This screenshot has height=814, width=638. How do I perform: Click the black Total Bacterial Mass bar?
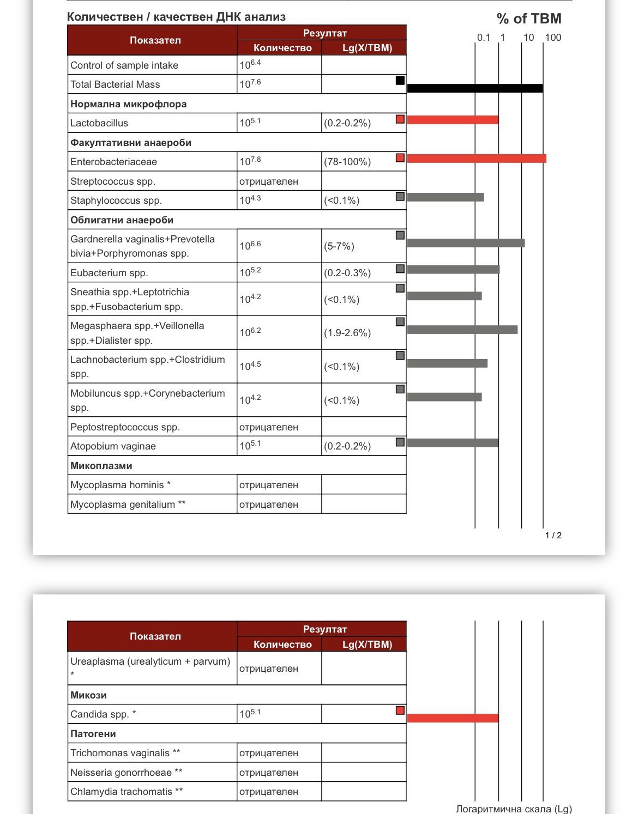tap(474, 88)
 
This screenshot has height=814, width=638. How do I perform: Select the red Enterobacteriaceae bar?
tap(476, 159)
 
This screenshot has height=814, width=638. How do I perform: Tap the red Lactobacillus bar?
tap(453, 120)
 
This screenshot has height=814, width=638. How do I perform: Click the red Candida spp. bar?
tap(453, 718)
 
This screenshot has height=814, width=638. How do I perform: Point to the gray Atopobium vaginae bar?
tap(453, 443)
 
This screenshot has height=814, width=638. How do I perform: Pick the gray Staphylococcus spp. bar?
tap(446, 197)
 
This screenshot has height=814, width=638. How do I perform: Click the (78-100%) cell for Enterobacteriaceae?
tap(347, 162)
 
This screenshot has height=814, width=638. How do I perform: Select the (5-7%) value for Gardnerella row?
tap(339, 246)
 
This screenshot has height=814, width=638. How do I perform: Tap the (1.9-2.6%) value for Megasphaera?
tap(347, 333)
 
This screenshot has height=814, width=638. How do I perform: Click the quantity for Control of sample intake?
tap(250, 65)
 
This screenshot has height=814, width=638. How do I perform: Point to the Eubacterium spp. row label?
tap(109, 273)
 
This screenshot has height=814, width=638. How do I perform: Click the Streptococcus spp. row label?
tap(113, 181)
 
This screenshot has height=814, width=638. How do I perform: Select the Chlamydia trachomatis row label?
tap(127, 792)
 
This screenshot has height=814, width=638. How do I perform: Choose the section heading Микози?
tap(88, 695)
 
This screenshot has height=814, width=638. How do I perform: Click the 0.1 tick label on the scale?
tap(484, 38)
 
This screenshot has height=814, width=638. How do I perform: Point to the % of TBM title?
tap(528, 19)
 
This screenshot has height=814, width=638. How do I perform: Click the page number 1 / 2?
tap(553, 536)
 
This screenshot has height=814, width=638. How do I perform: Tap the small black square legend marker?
tap(400, 81)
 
